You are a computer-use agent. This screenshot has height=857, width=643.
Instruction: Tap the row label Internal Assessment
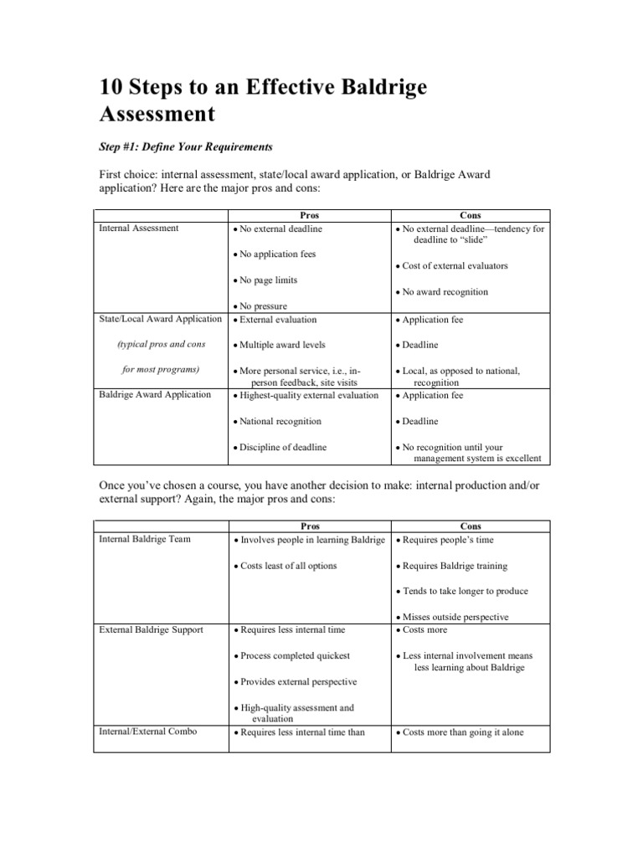tap(139, 228)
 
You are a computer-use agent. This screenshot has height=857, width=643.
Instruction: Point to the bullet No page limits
tap(267, 280)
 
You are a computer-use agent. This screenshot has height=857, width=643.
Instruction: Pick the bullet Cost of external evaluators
tap(455, 266)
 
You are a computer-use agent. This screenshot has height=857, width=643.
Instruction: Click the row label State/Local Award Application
tap(160, 319)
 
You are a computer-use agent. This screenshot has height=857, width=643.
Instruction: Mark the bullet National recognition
tap(279, 422)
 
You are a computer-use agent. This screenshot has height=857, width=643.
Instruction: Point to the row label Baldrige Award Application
tap(155, 394)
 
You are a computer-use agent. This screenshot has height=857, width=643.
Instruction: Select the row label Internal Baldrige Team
tap(144, 539)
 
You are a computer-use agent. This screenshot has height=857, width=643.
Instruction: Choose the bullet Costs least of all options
tap(288, 566)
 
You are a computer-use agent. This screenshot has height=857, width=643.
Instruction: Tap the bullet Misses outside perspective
tap(459, 618)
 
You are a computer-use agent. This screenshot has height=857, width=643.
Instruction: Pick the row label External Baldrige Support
tap(151, 629)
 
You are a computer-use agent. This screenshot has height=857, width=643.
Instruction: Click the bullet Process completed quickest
tap(294, 656)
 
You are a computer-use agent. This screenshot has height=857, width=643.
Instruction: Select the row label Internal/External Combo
tap(148, 731)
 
